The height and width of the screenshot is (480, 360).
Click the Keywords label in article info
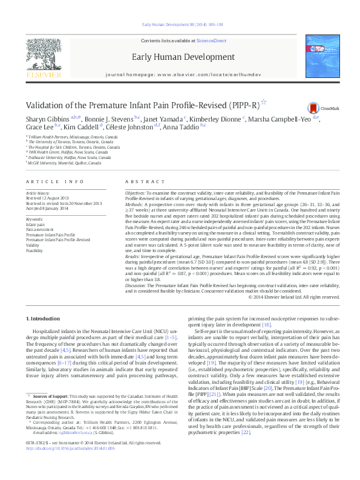point(34,219)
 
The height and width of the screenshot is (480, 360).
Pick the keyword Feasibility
point(34,249)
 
